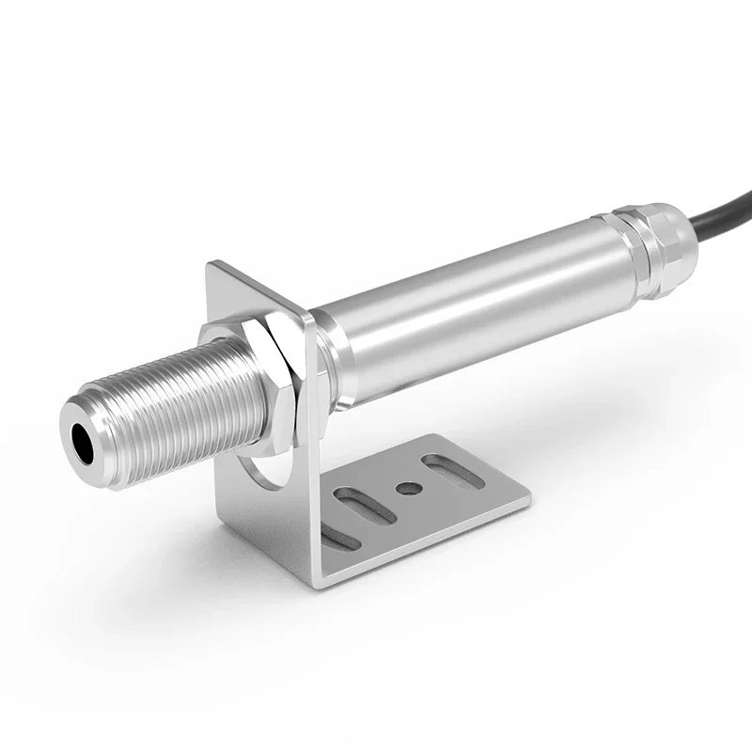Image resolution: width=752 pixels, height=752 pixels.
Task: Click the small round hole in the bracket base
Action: [407, 488]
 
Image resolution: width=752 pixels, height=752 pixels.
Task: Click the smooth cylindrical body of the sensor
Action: [470, 310]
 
